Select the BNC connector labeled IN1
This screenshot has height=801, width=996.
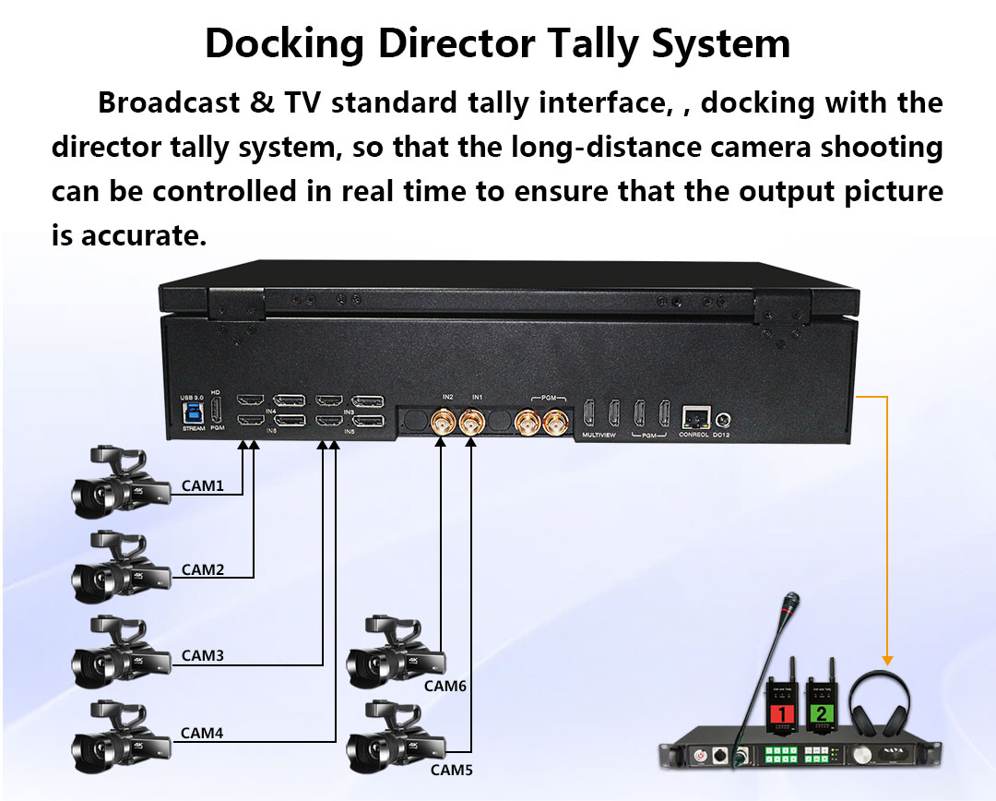(474, 424)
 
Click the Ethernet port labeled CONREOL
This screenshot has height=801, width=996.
(694, 415)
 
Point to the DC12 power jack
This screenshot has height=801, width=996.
(721, 418)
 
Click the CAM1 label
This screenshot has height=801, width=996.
(202, 485)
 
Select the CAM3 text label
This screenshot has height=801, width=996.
(202, 655)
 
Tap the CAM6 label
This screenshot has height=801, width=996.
(445, 686)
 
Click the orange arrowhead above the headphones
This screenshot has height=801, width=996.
(887, 660)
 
